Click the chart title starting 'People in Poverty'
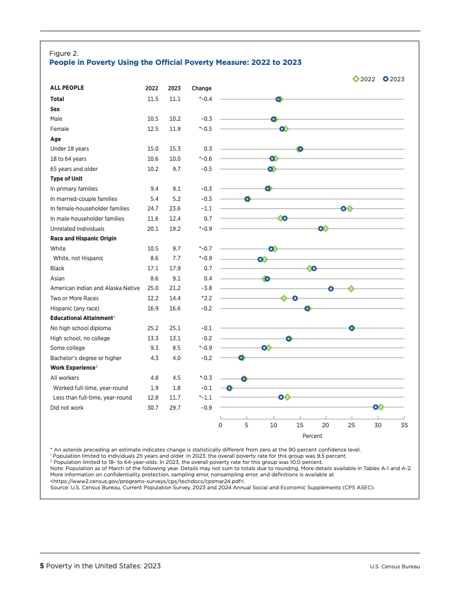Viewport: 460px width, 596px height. [x=175, y=63]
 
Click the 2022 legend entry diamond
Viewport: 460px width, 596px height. [x=356, y=79]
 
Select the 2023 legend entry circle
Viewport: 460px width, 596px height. [x=386, y=79]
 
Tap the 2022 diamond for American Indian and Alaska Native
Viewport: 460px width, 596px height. [x=351, y=288]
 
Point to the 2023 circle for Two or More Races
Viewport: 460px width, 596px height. [x=295, y=298]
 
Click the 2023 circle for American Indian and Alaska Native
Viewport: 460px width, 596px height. [x=331, y=288]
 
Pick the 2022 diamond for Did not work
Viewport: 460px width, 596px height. [x=381, y=407]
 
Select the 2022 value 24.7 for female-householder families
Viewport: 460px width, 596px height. [x=152, y=209]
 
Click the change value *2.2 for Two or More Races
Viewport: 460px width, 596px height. [x=206, y=298]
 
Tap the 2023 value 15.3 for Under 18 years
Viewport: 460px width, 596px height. [x=174, y=149]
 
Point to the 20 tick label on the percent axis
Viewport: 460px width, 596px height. [x=325, y=425]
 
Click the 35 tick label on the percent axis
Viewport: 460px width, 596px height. [x=404, y=425]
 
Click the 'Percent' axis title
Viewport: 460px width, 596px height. [x=312, y=436]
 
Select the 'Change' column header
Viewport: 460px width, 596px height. [x=202, y=88]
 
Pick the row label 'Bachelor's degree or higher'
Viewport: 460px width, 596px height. [x=86, y=358]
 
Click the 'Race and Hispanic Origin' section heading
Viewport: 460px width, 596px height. [x=83, y=238]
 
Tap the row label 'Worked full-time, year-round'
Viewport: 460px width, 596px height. [x=90, y=388]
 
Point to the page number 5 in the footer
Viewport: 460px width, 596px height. [x=41, y=566]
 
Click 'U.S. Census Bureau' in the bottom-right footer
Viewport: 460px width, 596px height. [x=395, y=567]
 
